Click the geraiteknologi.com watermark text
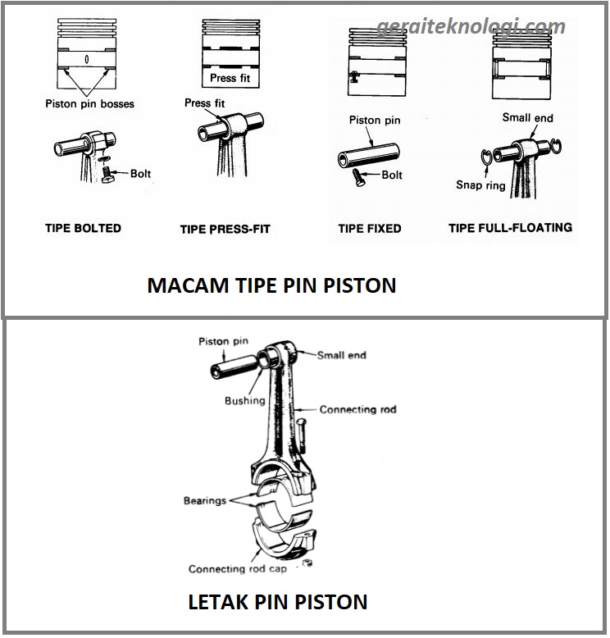coord(471,27)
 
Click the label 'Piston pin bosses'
coord(89,104)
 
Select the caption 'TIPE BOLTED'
coord(83,229)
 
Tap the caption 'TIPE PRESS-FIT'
coord(225,230)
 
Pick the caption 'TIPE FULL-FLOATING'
coord(510,228)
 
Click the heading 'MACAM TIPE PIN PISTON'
coord(271,285)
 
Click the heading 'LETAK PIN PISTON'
coord(278,602)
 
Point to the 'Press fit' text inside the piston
coord(230,78)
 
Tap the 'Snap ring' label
coord(481,185)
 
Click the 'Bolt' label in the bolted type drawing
coord(140,174)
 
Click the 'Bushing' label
coord(244,401)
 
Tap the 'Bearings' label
coord(204,500)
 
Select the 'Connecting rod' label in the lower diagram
coord(357,409)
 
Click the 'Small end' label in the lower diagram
coord(341,356)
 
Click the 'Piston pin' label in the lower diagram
coord(224,341)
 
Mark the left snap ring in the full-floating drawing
coord(487,158)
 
